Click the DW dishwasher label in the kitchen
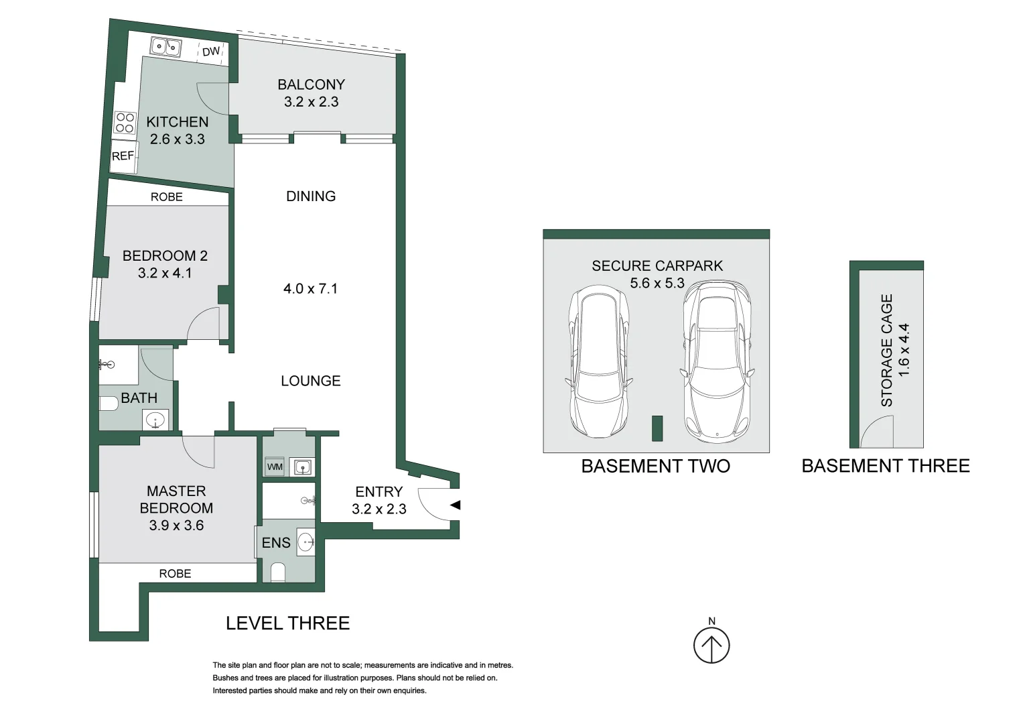point(211,52)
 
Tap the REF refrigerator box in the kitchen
point(123,156)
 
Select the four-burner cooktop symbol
point(125,123)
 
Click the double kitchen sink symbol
point(165,47)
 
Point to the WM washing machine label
point(275,467)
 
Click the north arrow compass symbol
point(711,645)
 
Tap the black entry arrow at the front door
point(456,505)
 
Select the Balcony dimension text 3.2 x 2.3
point(311,102)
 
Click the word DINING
point(311,196)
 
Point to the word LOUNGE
point(311,381)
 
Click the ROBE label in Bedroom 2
point(166,197)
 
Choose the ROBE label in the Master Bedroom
point(175,574)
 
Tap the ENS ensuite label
point(276,543)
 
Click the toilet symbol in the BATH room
point(108,404)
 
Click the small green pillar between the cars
point(657,428)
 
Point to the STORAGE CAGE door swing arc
point(876,430)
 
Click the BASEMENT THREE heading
point(885,466)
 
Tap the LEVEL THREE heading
point(287,623)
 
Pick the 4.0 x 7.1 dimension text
point(310,289)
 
